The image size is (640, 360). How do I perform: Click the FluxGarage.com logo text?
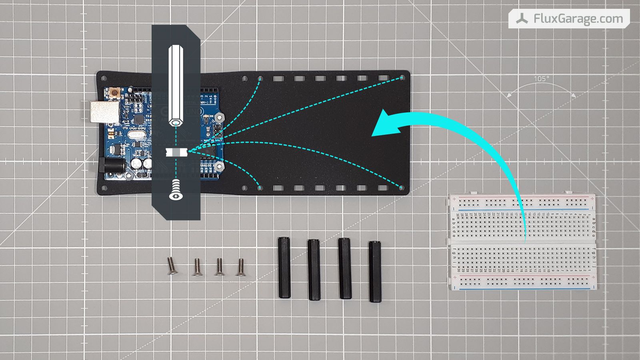[578, 19]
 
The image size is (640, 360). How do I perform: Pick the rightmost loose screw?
[241, 268]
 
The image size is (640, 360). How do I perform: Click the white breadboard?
[522, 242]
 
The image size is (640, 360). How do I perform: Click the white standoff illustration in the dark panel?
[176, 86]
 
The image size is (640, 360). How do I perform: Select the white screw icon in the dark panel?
[176, 190]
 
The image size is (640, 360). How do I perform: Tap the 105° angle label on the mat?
[541, 79]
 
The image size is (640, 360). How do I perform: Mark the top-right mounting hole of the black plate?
[402, 78]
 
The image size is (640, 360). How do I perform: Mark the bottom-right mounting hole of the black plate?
[402, 187]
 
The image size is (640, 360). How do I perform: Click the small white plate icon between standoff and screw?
[176, 152]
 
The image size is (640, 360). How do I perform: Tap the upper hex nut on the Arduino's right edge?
[219, 117]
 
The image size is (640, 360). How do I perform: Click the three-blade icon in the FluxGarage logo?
[522, 19]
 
